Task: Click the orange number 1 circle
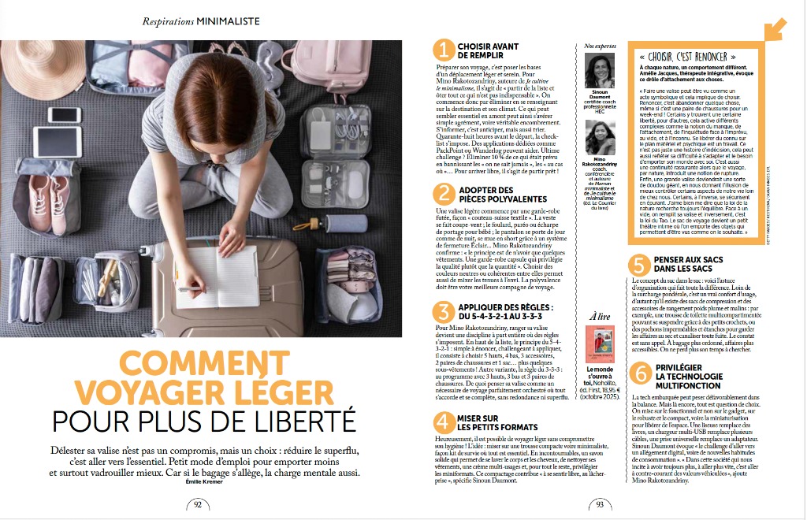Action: [445, 51]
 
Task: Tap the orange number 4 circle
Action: [445, 424]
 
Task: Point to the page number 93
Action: [601, 505]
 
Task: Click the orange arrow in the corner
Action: [775, 28]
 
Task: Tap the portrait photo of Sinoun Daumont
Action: [601, 71]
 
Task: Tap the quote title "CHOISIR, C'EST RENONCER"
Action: [689, 57]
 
